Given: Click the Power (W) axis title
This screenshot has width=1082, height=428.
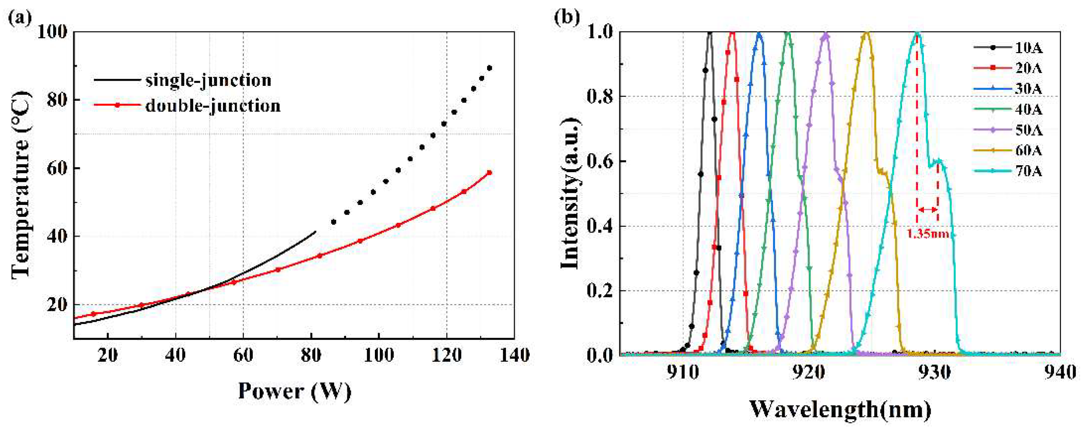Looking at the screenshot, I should click(294, 391).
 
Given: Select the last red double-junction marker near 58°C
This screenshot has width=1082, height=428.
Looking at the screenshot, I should click(489, 173).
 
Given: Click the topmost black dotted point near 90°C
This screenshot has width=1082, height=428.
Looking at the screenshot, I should click(489, 68).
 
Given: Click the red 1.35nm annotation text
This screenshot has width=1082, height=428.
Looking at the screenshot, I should click(928, 234).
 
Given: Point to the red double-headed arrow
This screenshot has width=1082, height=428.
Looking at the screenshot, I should click(928, 209).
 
